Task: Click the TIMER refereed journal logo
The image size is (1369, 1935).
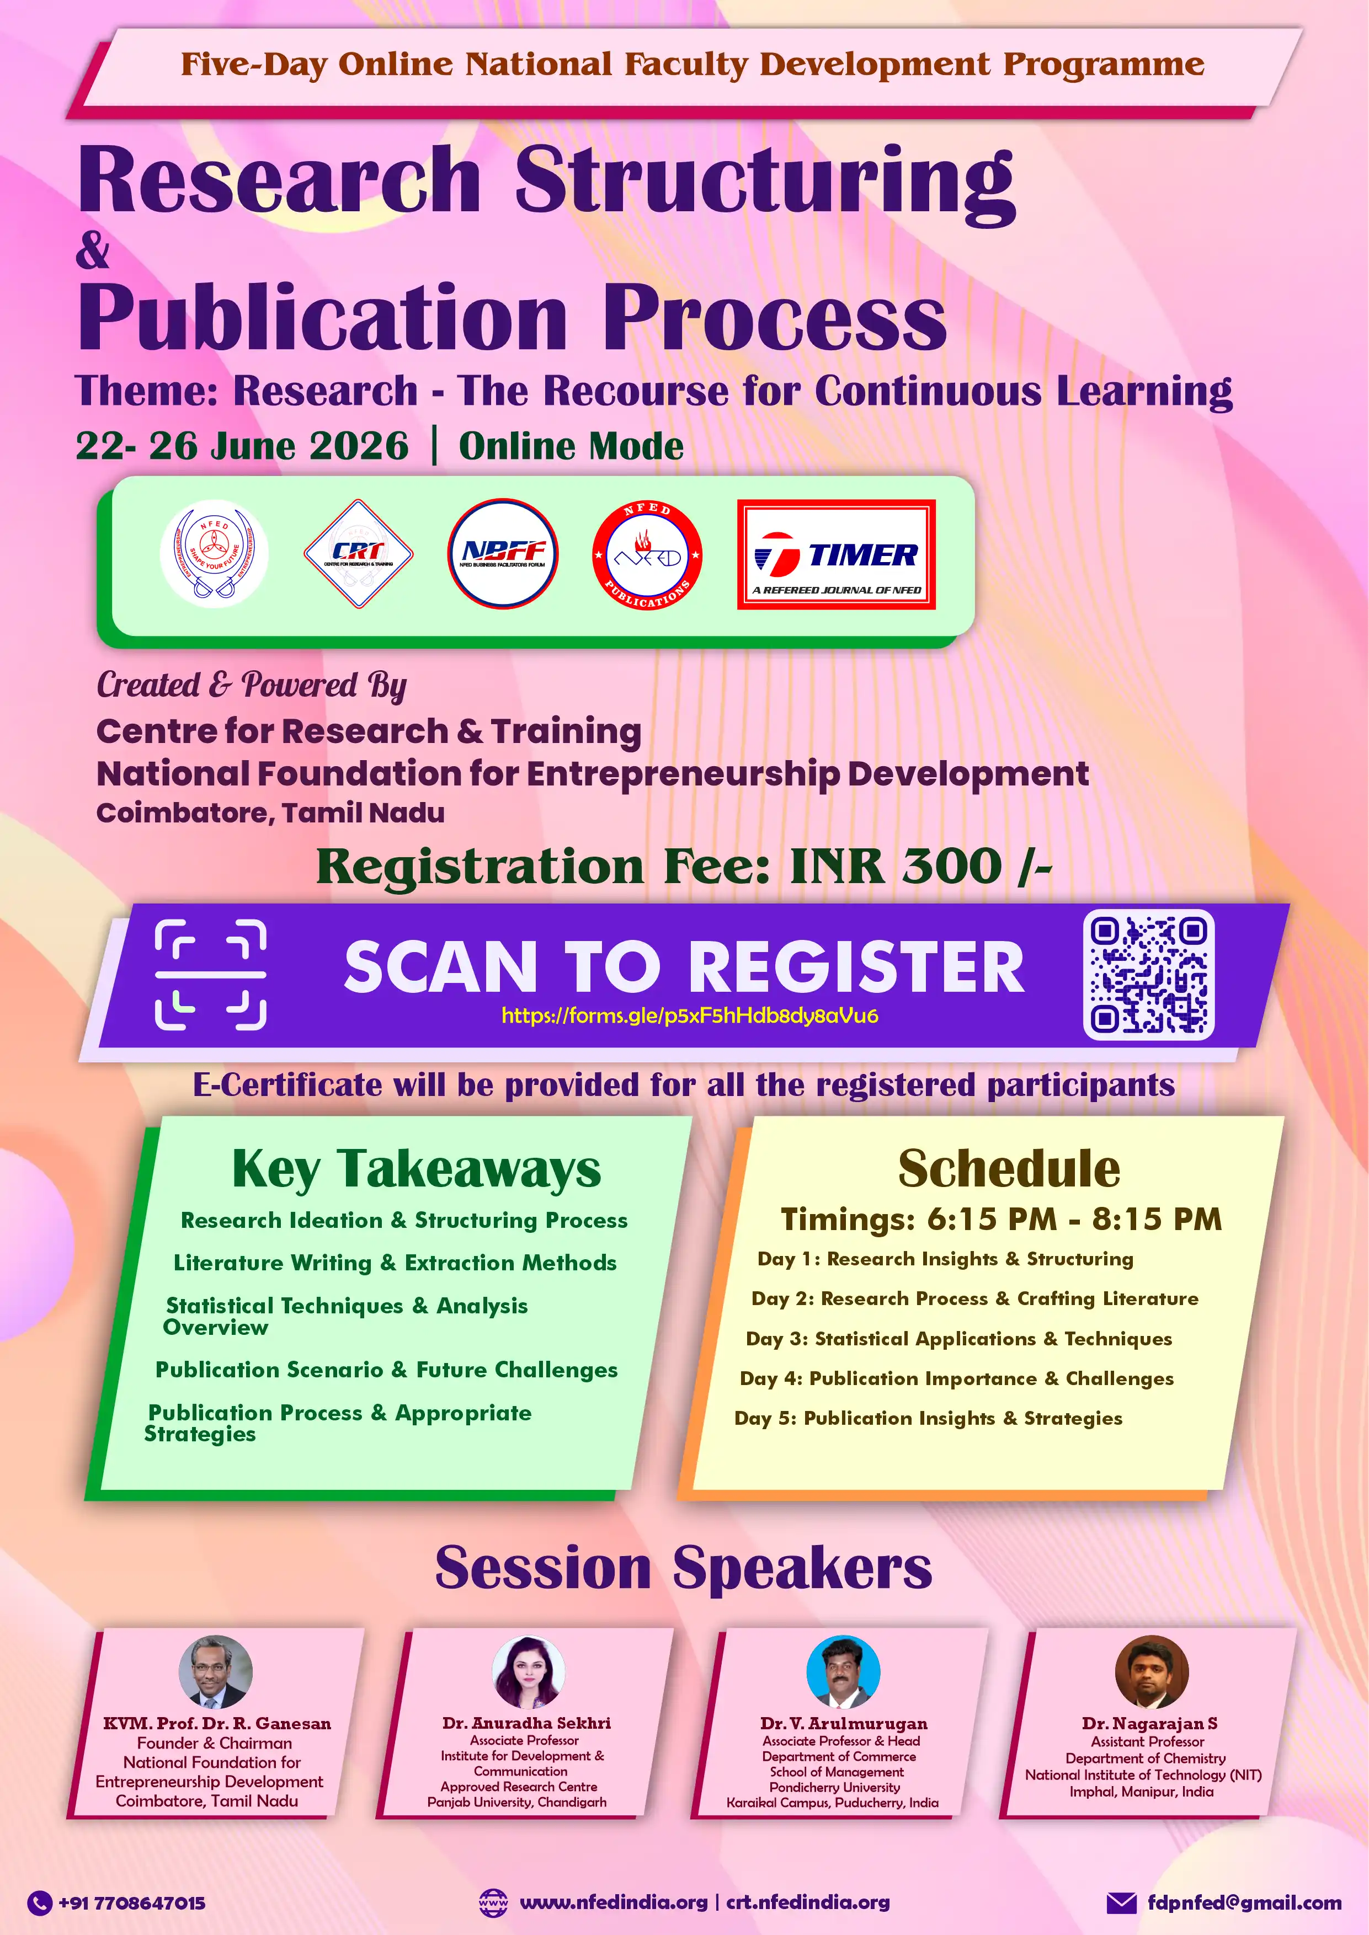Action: pyautogui.click(x=836, y=554)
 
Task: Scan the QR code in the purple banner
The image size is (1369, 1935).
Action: pyautogui.click(x=1148, y=974)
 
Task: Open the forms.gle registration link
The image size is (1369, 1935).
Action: pyautogui.click(x=690, y=1015)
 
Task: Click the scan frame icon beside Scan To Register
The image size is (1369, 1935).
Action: pyautogui.click(x=211, y=975)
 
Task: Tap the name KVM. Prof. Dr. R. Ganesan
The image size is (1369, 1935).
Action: pyautogui.click(x=217, y=1724)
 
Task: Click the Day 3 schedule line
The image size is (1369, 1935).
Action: pyautogui.click(x=958, y=1338)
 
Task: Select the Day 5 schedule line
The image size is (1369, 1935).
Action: pyautogui.click(x=928, y=1418)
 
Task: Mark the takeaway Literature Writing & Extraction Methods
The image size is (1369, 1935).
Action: pyautogui.click(x=395, y=1263)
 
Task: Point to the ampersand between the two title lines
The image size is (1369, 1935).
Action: pyautogui.click(x=92, y=250)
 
